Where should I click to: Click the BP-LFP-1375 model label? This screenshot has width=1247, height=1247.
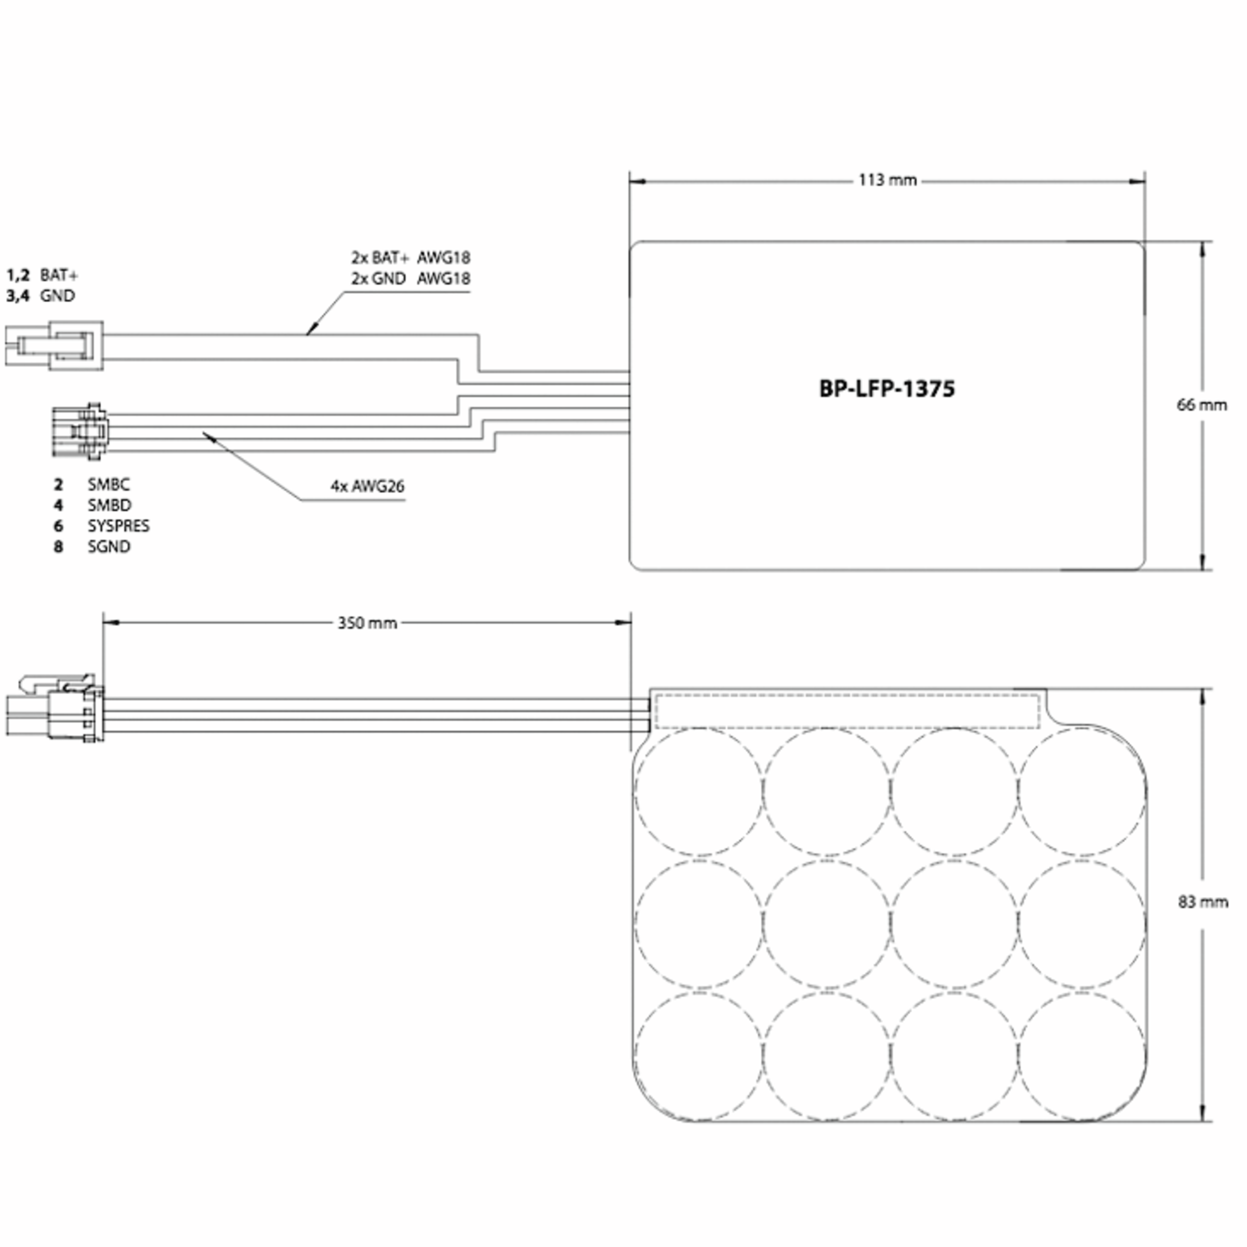click(886, 389)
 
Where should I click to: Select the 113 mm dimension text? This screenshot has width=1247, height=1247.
click(887, 180)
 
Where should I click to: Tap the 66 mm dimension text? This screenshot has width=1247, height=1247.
click(1201, 405)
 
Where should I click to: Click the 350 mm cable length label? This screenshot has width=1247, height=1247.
click(367, 623)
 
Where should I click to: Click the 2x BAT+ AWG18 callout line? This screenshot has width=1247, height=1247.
click(410, 258)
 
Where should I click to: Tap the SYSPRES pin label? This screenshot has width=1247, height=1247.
click(118, 525)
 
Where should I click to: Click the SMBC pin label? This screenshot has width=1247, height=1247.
click(109, 484)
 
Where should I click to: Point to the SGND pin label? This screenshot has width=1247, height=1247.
click(109, 546)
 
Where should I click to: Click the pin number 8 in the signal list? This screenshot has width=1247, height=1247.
click(58, 547)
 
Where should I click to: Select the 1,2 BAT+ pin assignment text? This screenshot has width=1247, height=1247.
click(43, 275)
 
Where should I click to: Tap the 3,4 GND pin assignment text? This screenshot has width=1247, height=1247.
click(41, 296)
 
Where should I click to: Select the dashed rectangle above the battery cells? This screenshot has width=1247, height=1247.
click(847, 711)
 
